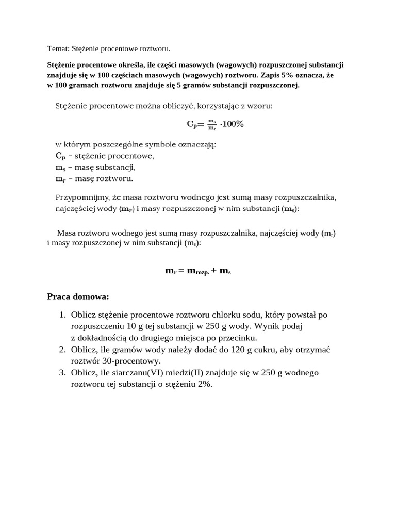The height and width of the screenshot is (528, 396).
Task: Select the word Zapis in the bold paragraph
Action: (259, 75)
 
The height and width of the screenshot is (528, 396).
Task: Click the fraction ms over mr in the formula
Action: (211, 124)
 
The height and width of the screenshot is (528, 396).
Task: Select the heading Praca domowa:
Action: (78, 297)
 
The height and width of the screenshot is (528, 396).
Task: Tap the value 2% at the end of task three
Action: (204, 385)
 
